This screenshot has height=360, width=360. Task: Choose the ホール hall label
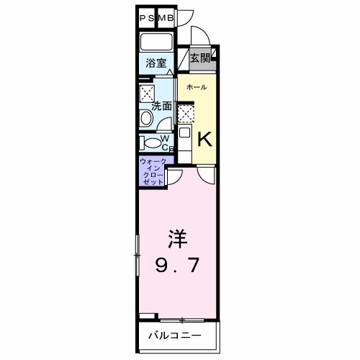click(x=197, y=88)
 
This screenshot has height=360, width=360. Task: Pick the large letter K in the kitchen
click(x=204, y=137)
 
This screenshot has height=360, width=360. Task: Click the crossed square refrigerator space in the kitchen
click(x=185, y=112)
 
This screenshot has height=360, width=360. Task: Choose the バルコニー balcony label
click(x=174, y=336)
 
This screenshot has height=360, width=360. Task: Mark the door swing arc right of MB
click(x=185, y=19)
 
